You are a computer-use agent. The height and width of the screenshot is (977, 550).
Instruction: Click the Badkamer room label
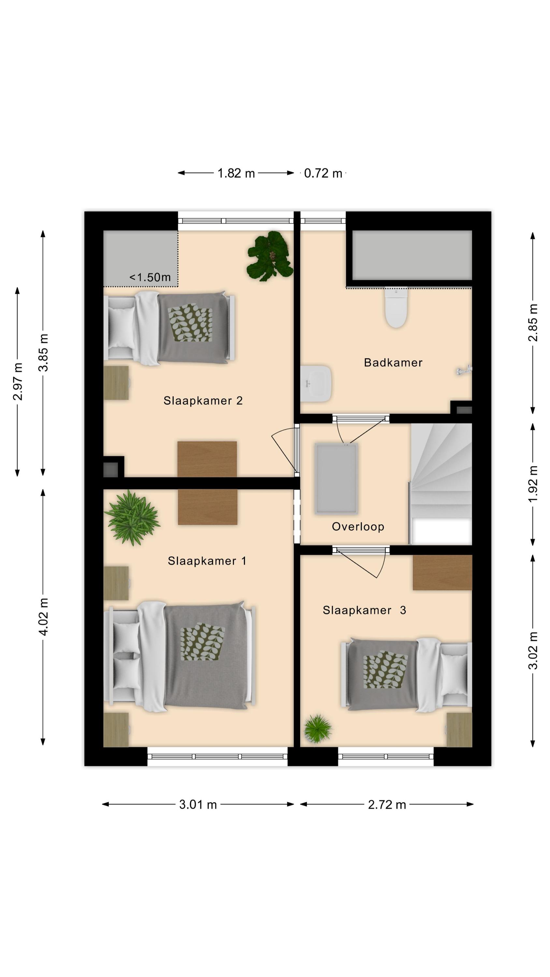coord(393,362)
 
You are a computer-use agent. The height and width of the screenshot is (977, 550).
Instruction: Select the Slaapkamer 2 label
coord(203,401)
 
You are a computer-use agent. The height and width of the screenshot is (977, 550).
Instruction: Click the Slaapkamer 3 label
coord(364,610)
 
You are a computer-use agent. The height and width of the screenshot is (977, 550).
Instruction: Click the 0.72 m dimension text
coord(323,173)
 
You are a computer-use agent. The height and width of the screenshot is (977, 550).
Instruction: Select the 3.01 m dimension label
coord(198,804)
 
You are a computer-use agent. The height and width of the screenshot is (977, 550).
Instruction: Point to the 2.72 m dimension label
coord(387,804)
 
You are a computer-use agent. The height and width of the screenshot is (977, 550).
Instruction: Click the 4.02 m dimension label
coord(43,617)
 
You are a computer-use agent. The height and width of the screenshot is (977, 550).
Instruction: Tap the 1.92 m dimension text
coord(533,484)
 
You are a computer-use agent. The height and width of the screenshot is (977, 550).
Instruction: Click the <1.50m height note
coord(150,277)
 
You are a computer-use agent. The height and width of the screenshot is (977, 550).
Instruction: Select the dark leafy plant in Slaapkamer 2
coord(270,256)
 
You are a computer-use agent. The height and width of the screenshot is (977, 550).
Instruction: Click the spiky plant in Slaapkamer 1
coord(132,518)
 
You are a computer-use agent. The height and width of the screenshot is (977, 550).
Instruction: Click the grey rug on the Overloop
coord(336,479)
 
